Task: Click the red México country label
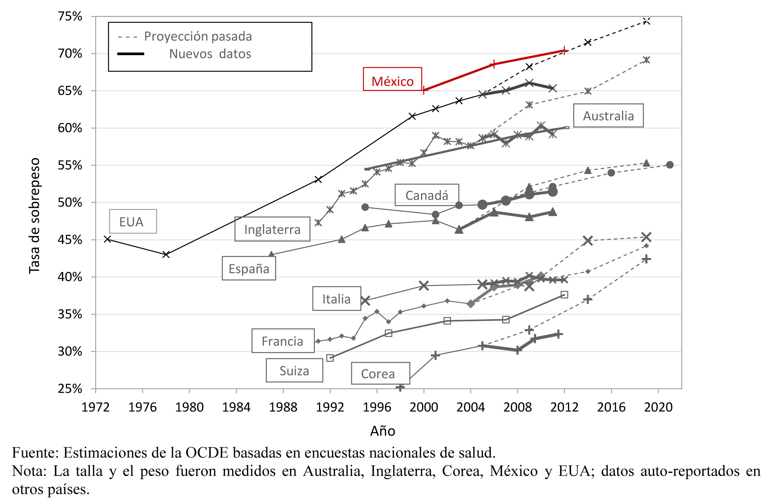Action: (392, 81)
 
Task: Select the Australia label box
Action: (608, 116)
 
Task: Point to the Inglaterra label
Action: (272, 229)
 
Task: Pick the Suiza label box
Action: (294, 371)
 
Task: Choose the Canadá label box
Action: (427, 195)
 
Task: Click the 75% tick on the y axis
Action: (70, 16)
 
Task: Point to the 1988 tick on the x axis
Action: (283, 407)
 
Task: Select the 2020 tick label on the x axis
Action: (658, 407)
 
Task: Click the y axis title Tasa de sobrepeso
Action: (35, 215)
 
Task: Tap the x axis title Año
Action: (383, 431)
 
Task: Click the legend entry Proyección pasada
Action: (198, 37)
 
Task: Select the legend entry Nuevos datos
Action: (210, 54)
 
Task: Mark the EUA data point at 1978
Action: (166, 254)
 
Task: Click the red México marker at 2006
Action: (494, 64)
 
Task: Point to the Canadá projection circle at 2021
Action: (670, 165)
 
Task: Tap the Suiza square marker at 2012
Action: (565, 295)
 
